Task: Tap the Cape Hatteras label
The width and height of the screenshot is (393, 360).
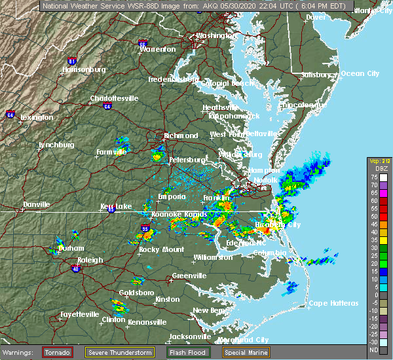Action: tap(333, 303)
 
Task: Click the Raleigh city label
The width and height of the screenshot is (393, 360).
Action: tap(90, 260)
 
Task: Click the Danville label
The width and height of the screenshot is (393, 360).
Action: tap(37, 204)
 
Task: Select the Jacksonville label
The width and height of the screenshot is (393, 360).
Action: tap(189, 336)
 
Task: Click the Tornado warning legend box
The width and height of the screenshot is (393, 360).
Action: tap(58, 352)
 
